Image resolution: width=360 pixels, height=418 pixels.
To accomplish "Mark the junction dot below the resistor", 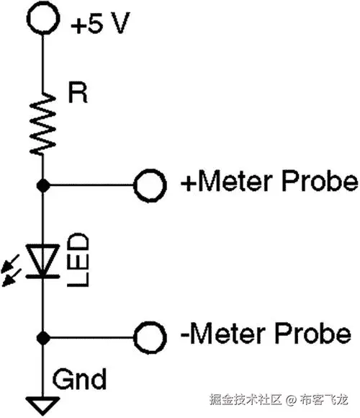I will [x=43, y=185].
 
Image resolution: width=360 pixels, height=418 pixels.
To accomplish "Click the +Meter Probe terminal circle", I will [x=149, y=185].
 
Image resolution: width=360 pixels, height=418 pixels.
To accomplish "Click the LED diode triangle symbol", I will [x=42, y=259].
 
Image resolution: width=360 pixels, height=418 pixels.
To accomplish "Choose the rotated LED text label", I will [x=78, y=258].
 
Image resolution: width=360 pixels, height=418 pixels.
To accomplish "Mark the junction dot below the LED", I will [x=43, y=336].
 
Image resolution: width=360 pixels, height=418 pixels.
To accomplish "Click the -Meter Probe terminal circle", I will [x=149, y=336].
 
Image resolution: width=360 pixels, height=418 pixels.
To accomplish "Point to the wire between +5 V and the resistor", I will [x=42, y=61].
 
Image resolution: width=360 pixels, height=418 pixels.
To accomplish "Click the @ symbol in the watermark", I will [x=290, y=399].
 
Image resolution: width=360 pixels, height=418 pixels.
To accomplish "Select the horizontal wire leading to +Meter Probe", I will [x=90, y=185].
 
